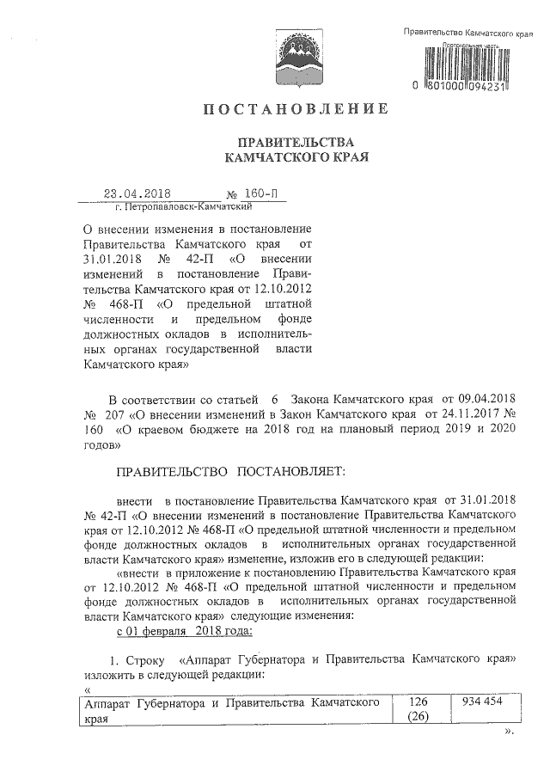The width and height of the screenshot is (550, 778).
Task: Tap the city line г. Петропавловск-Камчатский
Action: point(182,207)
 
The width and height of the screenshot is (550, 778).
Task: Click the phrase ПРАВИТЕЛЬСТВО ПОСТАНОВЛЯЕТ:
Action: point(229,472)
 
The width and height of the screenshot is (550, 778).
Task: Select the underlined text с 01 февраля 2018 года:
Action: point(183,632)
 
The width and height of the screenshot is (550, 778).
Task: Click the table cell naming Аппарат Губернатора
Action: point(232,710)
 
